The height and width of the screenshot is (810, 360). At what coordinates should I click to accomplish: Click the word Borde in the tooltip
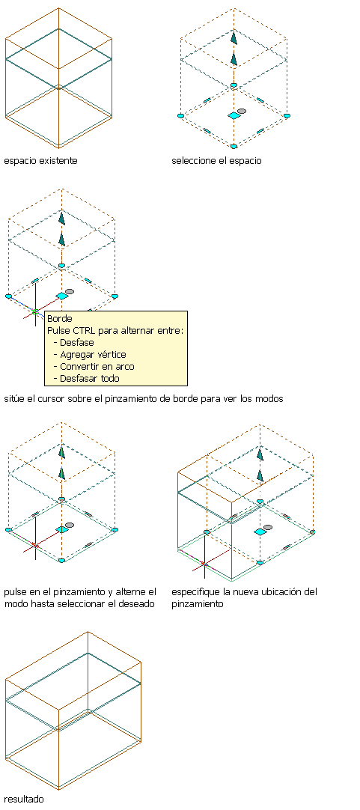coord(59,319)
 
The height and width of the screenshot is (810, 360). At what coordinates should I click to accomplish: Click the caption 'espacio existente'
coord(41,161)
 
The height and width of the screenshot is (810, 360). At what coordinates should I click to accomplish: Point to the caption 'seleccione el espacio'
coord(216,161)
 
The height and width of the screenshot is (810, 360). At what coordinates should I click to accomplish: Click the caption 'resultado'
coord(24,799)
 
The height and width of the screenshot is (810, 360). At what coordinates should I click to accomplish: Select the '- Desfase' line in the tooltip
coord(74,343)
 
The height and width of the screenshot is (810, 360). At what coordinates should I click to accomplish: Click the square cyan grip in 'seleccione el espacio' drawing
coord(234,116)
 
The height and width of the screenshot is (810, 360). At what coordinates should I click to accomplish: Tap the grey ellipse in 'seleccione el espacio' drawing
coord(242,111)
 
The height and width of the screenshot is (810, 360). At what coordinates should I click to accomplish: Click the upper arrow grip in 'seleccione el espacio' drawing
coord(234,38)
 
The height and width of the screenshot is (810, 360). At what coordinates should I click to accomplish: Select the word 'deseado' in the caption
coord(138,603)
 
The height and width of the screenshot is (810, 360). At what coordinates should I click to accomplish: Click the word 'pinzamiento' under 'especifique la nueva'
coord(198,603)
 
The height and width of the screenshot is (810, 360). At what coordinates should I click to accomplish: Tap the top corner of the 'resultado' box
coord(88,631)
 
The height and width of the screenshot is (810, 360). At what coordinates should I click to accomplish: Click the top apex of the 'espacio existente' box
coord(58,7)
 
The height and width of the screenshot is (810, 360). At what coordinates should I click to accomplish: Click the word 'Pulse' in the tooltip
coord(58,331)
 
